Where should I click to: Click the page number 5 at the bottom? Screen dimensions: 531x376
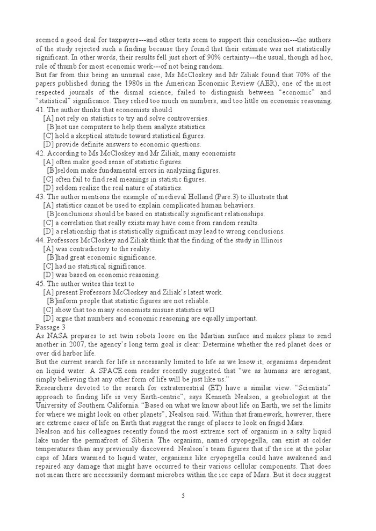[183, 495]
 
